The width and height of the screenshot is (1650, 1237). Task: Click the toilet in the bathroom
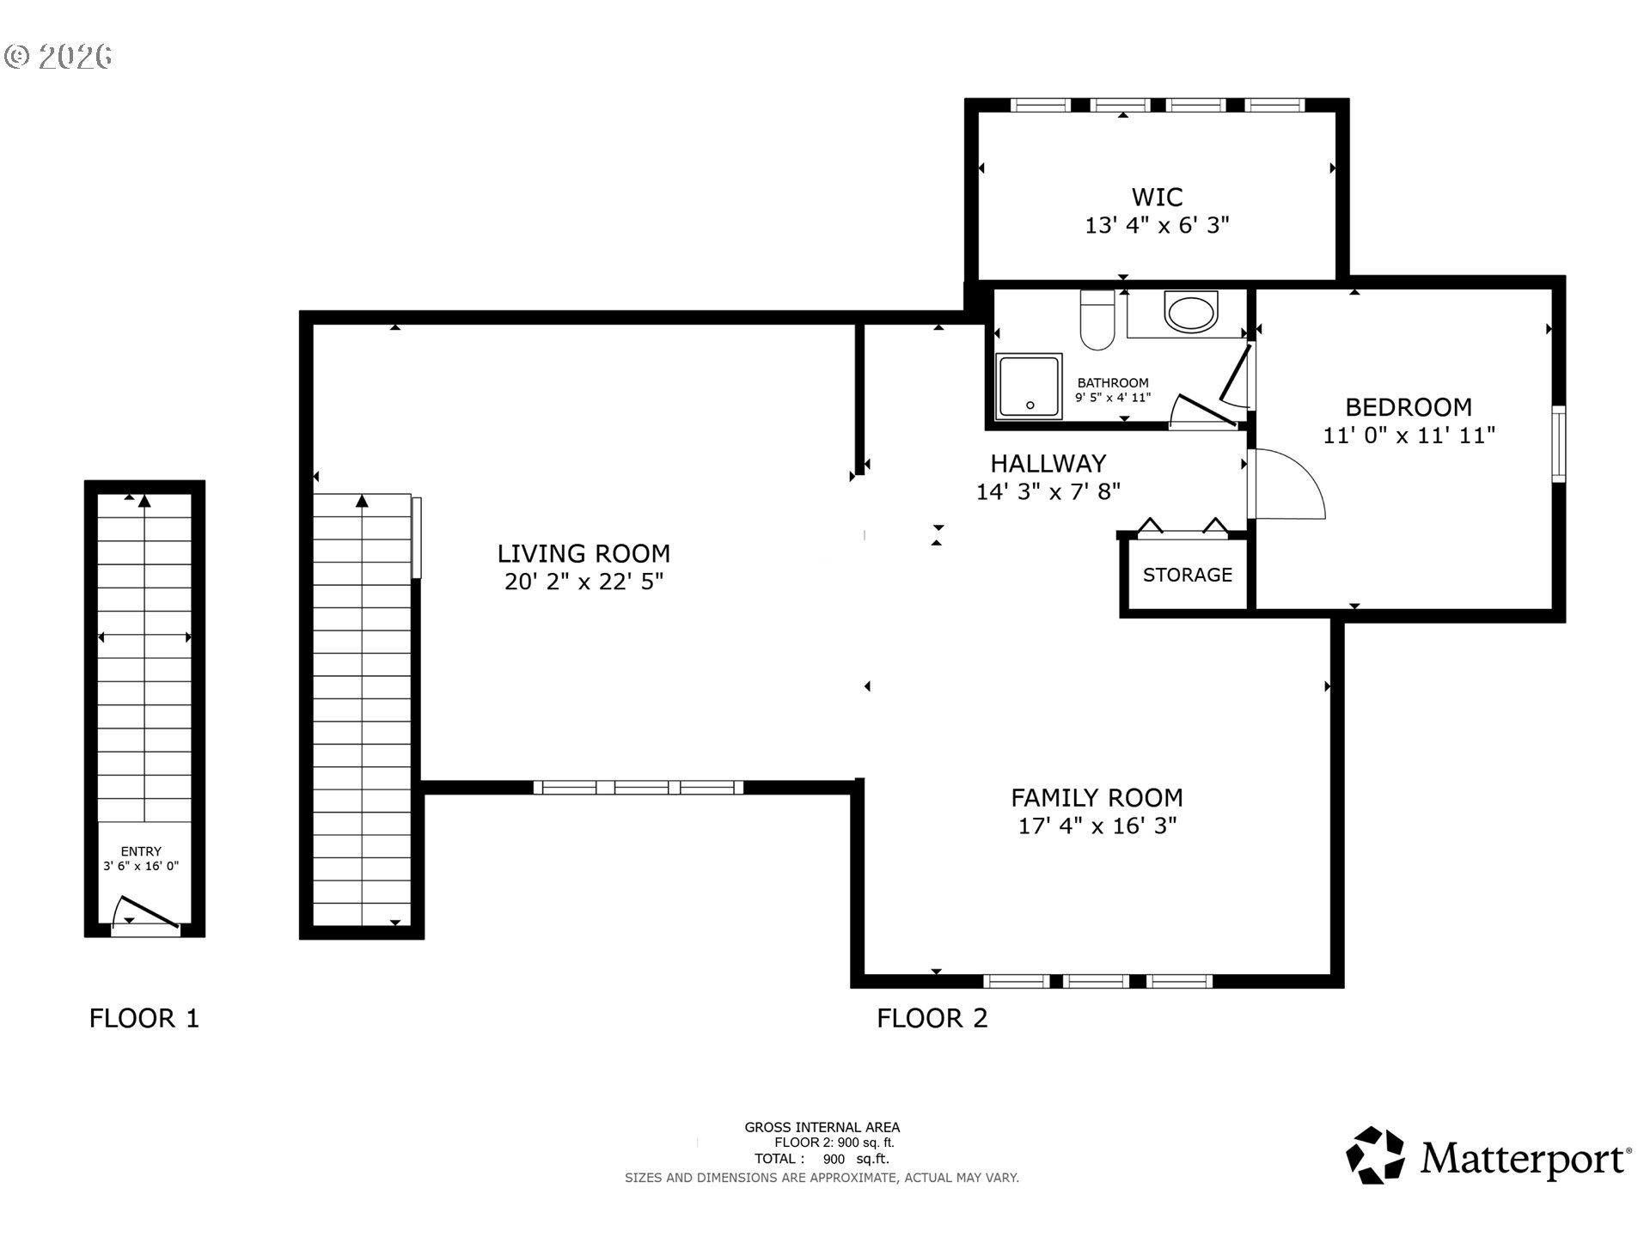1097,320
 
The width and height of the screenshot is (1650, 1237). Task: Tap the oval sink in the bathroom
1191,312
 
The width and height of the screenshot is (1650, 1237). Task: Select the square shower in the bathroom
1029,387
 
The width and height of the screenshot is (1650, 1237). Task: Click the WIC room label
1157,197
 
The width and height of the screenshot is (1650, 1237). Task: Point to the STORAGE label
1188,575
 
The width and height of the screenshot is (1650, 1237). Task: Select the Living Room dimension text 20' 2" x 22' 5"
584,582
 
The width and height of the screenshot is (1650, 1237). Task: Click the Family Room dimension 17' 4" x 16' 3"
1097,826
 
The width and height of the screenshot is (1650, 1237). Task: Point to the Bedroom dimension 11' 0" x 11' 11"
1409,435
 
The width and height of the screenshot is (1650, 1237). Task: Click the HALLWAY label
1048,464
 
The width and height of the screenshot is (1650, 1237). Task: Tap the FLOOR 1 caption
144,1018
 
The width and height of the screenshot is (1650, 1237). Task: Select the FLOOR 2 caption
932,1018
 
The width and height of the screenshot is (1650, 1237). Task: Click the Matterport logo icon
1375,1155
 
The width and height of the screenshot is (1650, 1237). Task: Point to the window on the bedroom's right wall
1558,444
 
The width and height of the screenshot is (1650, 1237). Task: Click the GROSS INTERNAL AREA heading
822,1127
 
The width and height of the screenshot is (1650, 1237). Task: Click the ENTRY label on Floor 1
141,851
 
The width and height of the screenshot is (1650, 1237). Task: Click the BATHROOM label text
1113,383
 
